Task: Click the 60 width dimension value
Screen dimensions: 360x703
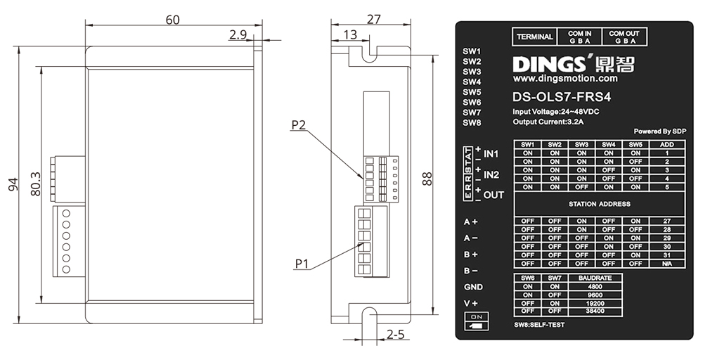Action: click(x=172, y=20)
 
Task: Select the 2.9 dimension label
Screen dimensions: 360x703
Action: click(x=237, y=34)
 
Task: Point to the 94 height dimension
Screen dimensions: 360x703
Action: click(x=13, y=184)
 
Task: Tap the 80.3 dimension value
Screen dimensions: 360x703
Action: click(x=37, y=184)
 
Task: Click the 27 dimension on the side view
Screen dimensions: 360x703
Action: click(x=374, y=20)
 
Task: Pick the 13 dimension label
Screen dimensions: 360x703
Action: click(x=350, y=34)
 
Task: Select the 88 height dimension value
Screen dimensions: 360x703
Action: click(x=427, y=179)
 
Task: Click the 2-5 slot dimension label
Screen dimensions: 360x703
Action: click(x=395, y=335)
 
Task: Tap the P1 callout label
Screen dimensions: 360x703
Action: click(x=302, y=264)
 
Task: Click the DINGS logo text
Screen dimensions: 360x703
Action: click(x=553, y=65)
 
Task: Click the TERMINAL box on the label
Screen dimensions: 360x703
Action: click(x=535, y=37)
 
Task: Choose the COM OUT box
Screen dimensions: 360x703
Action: click(x=624, y=37)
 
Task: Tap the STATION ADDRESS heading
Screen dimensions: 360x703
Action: click(x=599, y=204)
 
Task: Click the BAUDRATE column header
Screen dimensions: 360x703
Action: click(x=595, y=278)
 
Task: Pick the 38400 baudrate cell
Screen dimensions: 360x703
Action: click(x=595, y=310)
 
